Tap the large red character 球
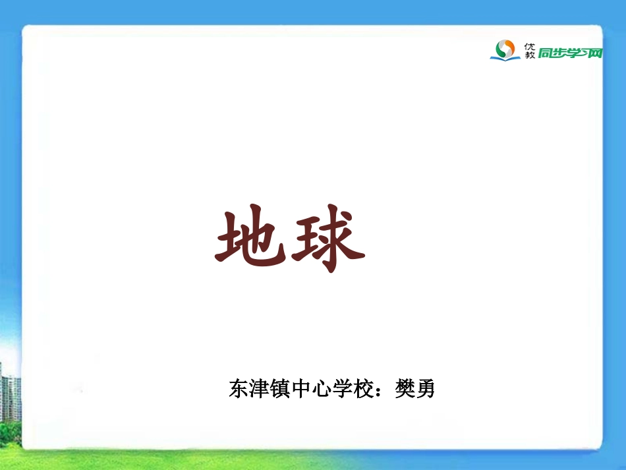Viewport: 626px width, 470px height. [327, 240]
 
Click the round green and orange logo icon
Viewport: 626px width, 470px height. [505, 47]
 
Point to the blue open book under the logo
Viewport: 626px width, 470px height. [505, 57]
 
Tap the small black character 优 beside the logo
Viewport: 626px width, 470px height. [529, 45]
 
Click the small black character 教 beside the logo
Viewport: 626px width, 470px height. [529, 56]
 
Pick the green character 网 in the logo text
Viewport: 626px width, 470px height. [595, 53]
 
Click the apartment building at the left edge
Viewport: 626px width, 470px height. [9, 396]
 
